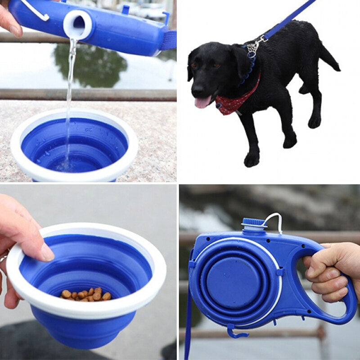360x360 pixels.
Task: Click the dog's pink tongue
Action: point(201,102)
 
